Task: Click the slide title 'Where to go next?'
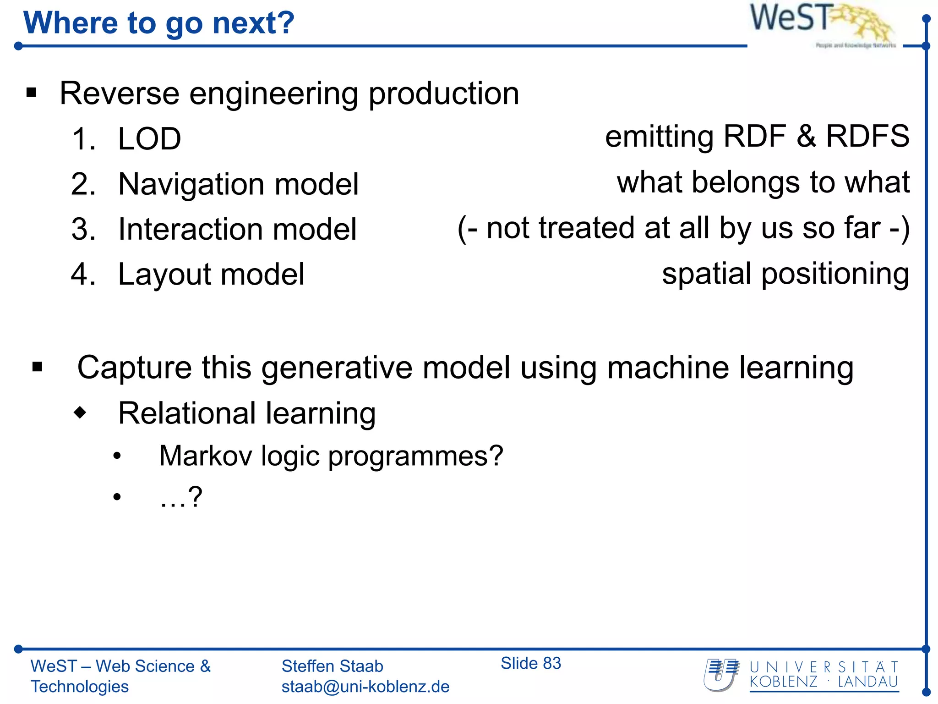click(x=158, y=23)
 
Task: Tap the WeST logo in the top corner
click(x=822, y=23)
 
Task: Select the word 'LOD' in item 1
click(x=149, y=139)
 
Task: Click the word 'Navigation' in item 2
click(x=191, y=185)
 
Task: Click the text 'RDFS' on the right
click(x=867, y=136)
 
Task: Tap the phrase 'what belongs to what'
click(x=763, y=182)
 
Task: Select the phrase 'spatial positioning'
click(x=785, y=274)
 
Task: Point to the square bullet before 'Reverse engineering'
click(x=31, y=93)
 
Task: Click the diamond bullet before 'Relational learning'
click(x=80, y=412)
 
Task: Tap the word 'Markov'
click(x=205, y=456)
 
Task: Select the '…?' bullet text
click(x=180, y=497)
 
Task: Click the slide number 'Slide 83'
click(x=530, y=663)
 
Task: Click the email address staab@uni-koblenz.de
click(x=365, y=687)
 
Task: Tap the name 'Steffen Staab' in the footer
click(x=332, y=666)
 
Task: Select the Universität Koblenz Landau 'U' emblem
click(x=721, y=675)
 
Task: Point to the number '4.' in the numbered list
click(x=83, y=275)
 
